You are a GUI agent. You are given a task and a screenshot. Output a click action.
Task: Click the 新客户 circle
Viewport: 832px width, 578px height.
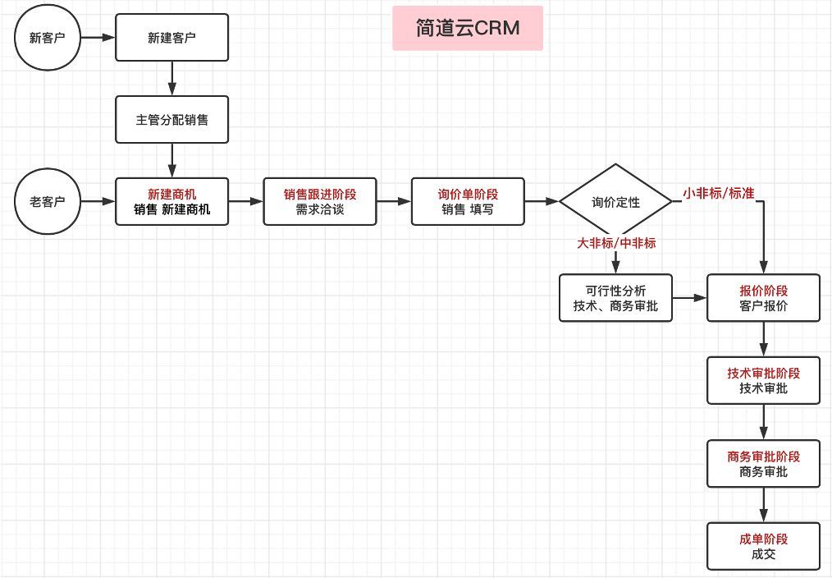(47, 38)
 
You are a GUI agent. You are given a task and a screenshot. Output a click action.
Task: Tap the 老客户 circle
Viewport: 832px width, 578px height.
(47, 201)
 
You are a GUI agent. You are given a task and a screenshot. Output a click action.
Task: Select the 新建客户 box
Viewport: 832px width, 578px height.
(171, 38)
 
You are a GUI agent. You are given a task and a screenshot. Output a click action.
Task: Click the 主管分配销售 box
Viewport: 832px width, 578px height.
(171, 120)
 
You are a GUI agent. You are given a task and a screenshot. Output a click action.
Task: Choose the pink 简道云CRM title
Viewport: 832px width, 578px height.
(468, 29)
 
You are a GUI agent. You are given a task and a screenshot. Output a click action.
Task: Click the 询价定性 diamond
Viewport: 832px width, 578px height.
(615, 202)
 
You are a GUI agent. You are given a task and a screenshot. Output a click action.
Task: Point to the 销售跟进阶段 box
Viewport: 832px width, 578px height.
(320, 202)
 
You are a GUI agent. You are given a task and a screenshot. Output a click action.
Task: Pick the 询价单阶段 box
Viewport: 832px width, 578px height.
(468, 202)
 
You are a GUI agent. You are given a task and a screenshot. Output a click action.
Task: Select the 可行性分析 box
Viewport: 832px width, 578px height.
(615, 299)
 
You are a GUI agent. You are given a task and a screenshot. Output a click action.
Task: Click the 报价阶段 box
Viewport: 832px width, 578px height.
(763, 299)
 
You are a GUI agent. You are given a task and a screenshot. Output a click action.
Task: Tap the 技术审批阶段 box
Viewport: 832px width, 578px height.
(763, 381)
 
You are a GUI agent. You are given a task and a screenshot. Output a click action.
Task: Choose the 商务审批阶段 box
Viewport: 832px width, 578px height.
(763, 464)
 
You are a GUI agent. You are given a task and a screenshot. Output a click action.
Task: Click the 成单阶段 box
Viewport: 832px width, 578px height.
(763, 547)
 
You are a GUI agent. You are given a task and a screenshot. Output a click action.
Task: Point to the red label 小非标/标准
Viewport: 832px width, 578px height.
(719, 194)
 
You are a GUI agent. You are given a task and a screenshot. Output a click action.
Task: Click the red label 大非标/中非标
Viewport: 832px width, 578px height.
(616, 243)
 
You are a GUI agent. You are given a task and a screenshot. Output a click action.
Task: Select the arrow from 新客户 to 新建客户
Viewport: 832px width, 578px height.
(97, 38)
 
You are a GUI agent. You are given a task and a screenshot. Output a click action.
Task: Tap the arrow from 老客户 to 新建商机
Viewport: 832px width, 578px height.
(97, 201)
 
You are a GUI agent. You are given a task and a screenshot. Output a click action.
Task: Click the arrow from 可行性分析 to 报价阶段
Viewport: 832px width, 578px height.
(689, 299)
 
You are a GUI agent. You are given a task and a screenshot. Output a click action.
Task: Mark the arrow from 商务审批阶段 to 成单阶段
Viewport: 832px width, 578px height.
(764, 505)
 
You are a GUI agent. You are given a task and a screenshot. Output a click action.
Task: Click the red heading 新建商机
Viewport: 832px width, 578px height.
(171, 195)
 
